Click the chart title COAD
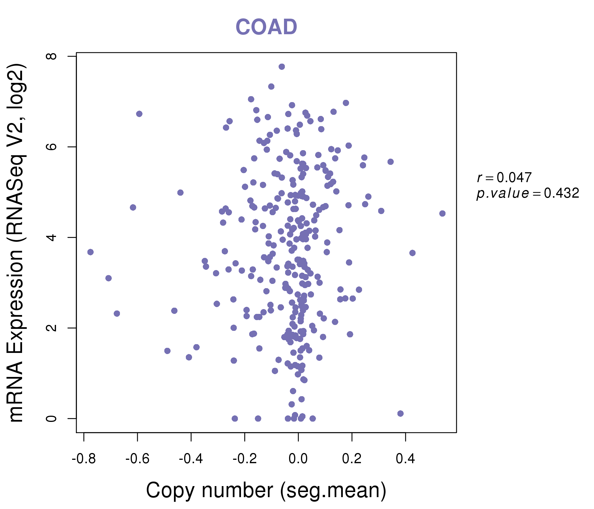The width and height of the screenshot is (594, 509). pyautogui.click(x=266, y=27)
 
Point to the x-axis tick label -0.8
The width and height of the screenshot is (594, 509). pyautogui.click(x=84, y=459)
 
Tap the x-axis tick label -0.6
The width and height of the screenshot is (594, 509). pyautogui.click(x=137, y=459)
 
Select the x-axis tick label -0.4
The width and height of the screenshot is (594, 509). pyautogui.click(x=191, y=459)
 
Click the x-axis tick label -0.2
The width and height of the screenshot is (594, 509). pyautogui.click(x=245, y=459)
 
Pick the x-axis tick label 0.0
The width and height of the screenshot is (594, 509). pyautogui.click(x=298, y=459)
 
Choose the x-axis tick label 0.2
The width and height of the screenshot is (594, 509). pyautogui.click(x=352, y=459)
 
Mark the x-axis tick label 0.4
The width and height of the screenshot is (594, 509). pyautogui.click(x=405, y=459)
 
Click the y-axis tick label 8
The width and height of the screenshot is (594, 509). pyautogui.click(x=51, y=56)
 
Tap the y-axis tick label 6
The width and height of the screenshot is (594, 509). pyautogui.click(x=51, y=147)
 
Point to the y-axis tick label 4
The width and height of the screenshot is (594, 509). pyautogui.click(x=51, y=237)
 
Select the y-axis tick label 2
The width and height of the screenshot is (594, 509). pyautogui.click(x=51, y=328)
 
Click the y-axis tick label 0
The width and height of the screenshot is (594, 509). pyautogui.click(x=51, y=419)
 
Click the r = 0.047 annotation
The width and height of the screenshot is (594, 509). pyautogui.click(x=504, y=178)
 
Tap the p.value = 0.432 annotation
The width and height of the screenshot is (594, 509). pyautogui.click(x=528, y=193)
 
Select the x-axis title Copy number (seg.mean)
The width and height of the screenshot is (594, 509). pyautogui.click(x=266, y=490)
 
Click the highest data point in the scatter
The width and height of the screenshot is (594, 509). pyautogui.click(x=282, y=67)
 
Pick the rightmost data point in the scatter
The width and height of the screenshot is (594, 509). pyautogui.click(x=442, y=213)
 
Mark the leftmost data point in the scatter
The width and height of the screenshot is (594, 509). pyautogui.click(x=91, y=252)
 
